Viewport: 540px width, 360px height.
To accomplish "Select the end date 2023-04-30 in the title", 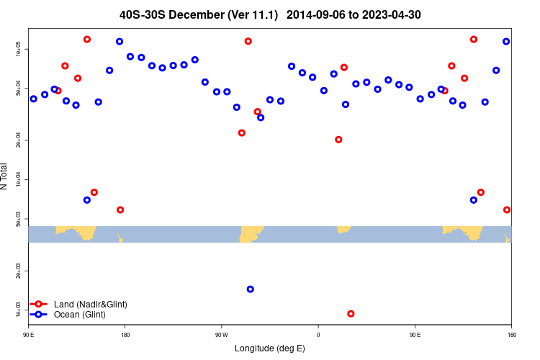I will click(x=395, y=14).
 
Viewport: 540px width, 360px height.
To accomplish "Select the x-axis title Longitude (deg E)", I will click(x=270, y=348).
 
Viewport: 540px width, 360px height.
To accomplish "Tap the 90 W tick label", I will click(x=221, y=335).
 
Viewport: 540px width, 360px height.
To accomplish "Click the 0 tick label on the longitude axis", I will click(x=318, y=335).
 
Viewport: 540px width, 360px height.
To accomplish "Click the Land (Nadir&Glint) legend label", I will click(x=91, y=305).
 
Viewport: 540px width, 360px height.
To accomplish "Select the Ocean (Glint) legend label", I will click(x=80, y=315).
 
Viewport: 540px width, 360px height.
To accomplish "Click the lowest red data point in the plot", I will click(x=351, y=313).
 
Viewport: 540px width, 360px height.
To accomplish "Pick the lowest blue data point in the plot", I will click(x=250, y=289).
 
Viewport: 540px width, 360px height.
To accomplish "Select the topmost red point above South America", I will click(x=248, y=41).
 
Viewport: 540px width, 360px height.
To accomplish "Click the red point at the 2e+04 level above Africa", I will click(x=338, y=139).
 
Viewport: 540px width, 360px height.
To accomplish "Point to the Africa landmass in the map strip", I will click(x=343, y=229).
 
